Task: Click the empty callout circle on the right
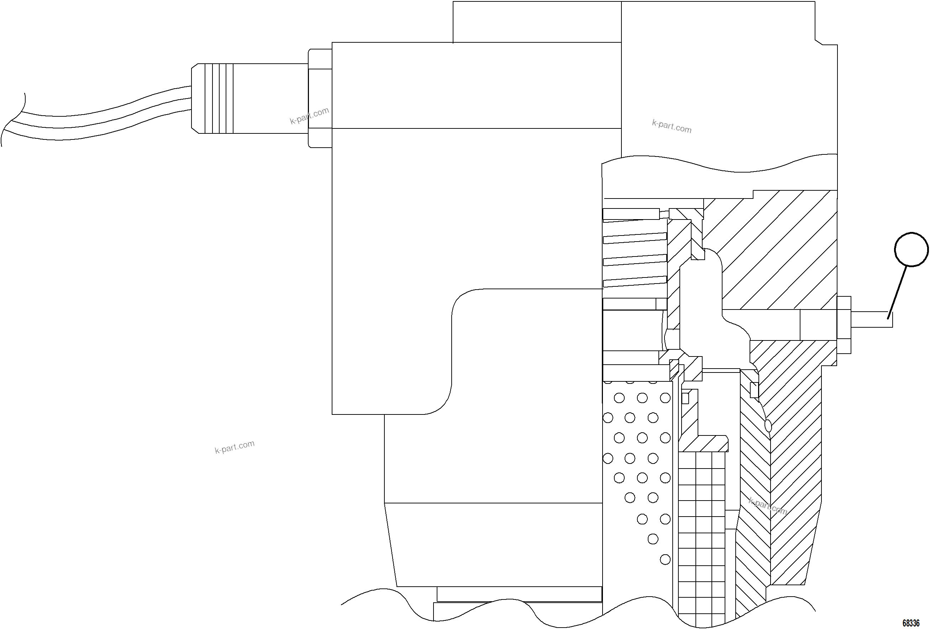(911, 249)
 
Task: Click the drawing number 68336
(911, 623)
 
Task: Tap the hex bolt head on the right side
(844, 325)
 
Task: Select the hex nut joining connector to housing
(320, 99)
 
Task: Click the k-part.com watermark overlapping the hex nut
(309, 116)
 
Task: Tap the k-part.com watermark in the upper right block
(672, 126)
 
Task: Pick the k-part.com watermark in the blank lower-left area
(235, 446)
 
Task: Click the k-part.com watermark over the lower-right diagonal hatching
(768, 506)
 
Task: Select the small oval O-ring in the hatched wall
(768, 426)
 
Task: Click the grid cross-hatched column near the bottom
(702, 540)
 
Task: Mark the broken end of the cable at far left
(12, 120)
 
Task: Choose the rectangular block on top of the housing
(537, 22)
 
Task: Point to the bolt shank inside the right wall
(818, 325)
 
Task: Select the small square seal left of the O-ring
(754, 390)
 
